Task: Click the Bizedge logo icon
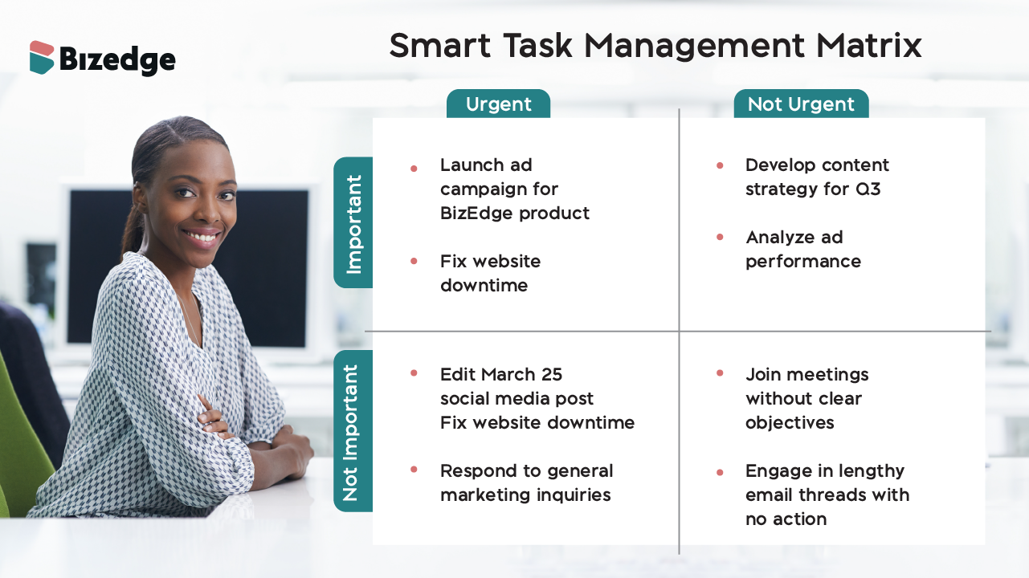[42, 58]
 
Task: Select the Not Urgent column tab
[801, 104]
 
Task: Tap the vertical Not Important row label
[352, 432]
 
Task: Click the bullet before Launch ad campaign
[414, 169]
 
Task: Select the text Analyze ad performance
[802, 250]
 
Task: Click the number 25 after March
[551, 375]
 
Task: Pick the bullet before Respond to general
[414, 470]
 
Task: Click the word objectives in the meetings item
[790, 423]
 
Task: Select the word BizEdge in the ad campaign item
[476, 214]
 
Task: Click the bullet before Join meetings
[720, 373]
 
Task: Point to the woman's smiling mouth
[202, 236]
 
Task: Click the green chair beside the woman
[20, 450]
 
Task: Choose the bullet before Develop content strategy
[720, 165]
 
